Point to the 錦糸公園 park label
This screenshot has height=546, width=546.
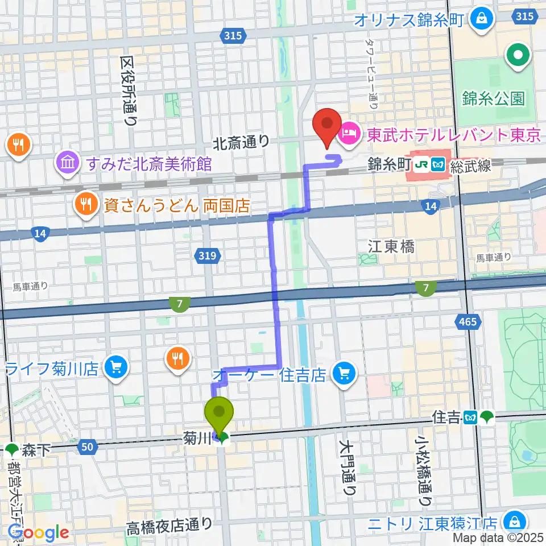pyautogui.click(x=493, y=98)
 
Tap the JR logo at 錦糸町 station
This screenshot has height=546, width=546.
pyautogui.click(x=421, y=164)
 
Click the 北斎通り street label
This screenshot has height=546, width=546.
pyautogui.click(x=241, y=141)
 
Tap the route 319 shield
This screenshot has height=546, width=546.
pyautogui.click(x=208, y=257)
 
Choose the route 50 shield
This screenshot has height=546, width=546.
pyautogui.click(x=87, y=447)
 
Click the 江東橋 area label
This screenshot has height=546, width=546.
pyautogui.click(x=391, y=246)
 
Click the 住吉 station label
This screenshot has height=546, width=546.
pyautogui.click(x=445, y=418)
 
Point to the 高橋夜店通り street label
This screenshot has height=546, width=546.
pyautogui.click(x=169, y=524)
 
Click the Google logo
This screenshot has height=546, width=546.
pyautogui.click(x=38, y=532)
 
